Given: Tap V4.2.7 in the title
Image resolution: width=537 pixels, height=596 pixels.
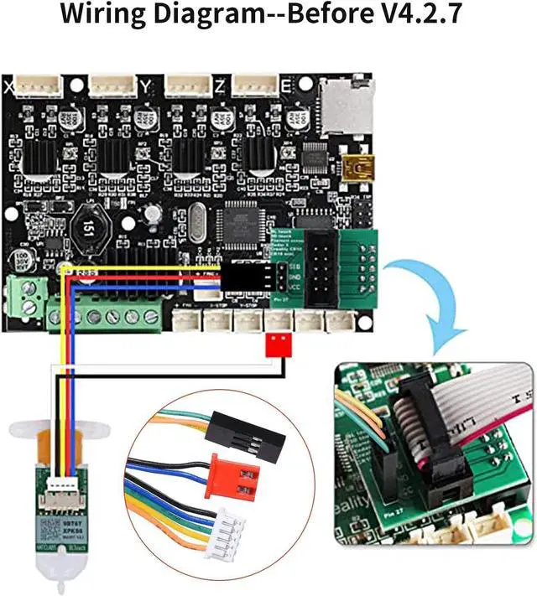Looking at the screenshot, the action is [x=407, y=16].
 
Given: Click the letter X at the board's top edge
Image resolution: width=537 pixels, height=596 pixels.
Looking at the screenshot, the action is [x=8, y=86].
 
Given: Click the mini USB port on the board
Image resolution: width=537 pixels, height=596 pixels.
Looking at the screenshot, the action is [x=362, y=166].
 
